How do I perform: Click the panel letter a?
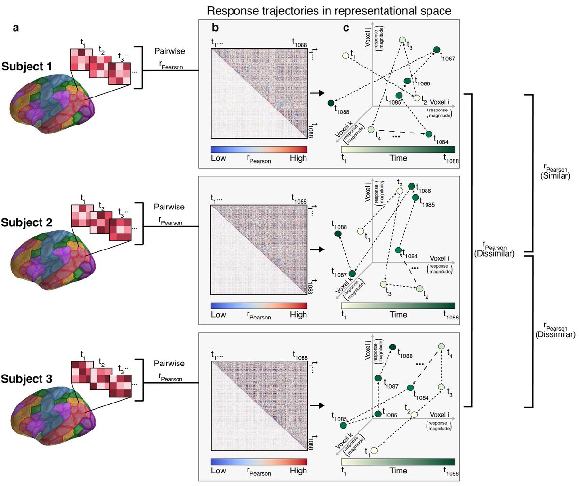pos(16,28)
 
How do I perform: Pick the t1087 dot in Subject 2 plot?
pos(352,273)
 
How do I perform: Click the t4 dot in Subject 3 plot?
pos(441,346)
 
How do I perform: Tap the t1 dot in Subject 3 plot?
pos(374,450)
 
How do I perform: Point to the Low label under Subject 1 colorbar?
pos(220,158)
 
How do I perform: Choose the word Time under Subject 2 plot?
pos(398,315)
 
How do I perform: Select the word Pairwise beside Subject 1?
pos(167,50)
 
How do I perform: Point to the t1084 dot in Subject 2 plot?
pos(398,250)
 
